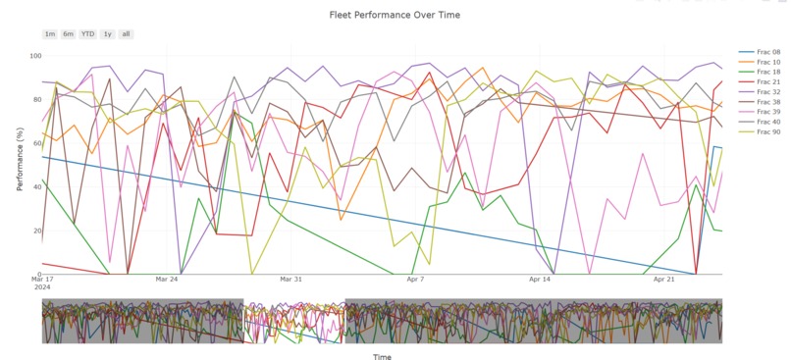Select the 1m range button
tap(50, 34)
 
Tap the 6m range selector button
tap(68, 34)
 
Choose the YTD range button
tap(87, 34)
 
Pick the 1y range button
tap(107, 34)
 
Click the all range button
tap(126, 34)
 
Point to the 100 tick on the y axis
tap(31, 56)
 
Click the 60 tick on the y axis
tap(33, 143)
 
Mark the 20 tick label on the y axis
tap(33, 231)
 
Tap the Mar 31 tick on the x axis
tap(290, 280)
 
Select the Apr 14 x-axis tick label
tap(540, 280)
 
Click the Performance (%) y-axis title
tap(20, 165)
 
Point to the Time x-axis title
tap(382, 357)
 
